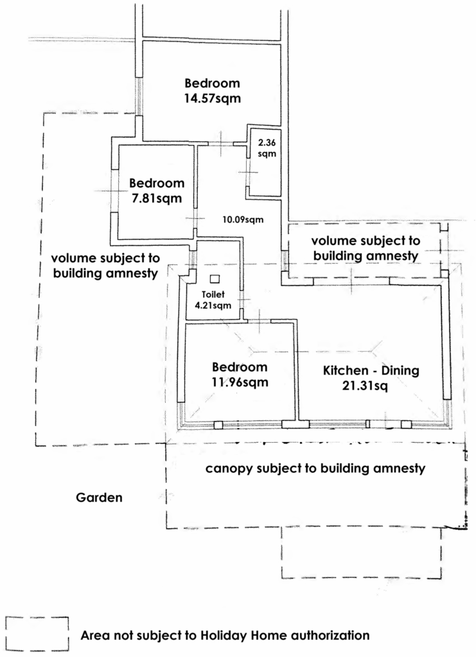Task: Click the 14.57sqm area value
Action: coord(213,98)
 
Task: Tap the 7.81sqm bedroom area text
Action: coord(157,198)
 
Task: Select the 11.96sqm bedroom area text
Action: coord(240,382)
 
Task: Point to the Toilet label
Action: coord(213,294)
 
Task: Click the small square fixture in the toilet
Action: coord(215,278)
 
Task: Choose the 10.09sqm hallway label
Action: coord(243,219)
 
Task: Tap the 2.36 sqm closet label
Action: coord(267,148)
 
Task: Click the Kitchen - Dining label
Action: coord(371,370)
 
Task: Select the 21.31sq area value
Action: coord(365,386)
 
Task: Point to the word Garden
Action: coord(100,497)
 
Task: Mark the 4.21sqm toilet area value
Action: coord(213,305)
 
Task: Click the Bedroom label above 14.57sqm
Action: coord(212,83)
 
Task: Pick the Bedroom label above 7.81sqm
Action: coord(157,183)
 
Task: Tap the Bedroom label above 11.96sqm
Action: coord(240,367)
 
